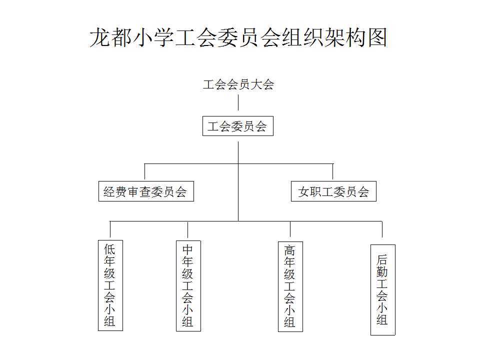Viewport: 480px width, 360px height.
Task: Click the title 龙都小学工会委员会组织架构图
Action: (x=238, y=37)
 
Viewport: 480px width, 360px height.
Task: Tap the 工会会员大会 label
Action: (x=238, y=84)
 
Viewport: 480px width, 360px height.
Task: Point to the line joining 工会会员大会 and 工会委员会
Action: (x=238, y=102)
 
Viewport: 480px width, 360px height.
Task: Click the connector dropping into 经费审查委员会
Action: (x=144, y=171)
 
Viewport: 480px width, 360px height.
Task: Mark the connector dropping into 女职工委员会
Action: (x=333, y=171)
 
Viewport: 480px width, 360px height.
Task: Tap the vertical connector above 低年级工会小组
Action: (x=110, y=229)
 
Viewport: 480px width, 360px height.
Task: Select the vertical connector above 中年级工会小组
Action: (x=187, y=229)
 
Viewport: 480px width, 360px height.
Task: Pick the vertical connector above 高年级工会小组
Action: (x=290, y=229)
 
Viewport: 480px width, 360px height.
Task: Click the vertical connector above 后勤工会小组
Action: (x=382, y=229)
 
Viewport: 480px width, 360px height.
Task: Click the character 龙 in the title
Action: (x=100, y=37)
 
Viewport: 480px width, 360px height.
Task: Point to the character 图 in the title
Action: (x=377, y=37)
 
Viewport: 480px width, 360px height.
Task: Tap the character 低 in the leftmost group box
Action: (x=109, y=249)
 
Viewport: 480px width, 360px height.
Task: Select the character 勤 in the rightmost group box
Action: (x=382, y=272)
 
